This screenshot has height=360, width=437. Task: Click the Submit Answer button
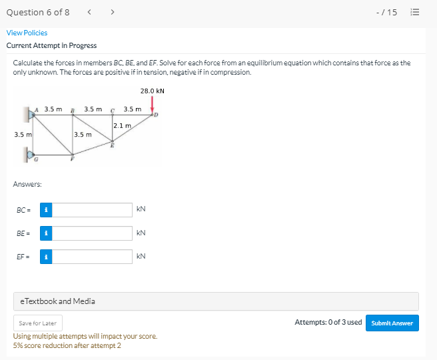pyautogui.click(x=392, y=323)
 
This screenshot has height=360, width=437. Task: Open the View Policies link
pyautogui.click(x=27, y=33)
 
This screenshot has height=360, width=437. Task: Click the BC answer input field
pyautogui.click(x=92, y=210)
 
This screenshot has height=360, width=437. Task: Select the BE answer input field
pyautogui.click(x=92, y=233)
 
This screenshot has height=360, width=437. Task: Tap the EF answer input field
pyautogui.click(x=92, y=257)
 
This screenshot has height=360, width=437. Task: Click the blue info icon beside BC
pyautogui.click(x=46, y=210)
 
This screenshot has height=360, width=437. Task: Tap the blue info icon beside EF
pyautogui.click(x=46, y=257)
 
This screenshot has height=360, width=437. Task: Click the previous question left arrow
pyautogui.click(x=89, y=12)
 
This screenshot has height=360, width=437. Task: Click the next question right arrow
pyautogui.click(x=113, y=12)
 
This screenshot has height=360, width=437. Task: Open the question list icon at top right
pyautogui.click(x=415, y=12)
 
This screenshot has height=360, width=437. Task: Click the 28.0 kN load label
pyautogui.click(x=152, y=91)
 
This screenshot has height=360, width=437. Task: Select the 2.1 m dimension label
pyautogui.click(x=122, y=125)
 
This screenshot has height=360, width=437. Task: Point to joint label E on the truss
pyautogui.click(x=112, y=145)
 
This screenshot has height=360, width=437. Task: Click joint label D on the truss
pyautogui.click(x=156, y=115)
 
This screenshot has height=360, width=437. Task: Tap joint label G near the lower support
pyautogui.click(x=36, y=159)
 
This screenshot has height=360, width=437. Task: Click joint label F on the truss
pyautogui.click(x=72, y=159)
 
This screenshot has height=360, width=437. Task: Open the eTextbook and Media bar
pyautogui.click(x=216, y=301)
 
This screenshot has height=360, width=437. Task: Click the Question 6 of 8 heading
pyautogui.click(x=38, y=12)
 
